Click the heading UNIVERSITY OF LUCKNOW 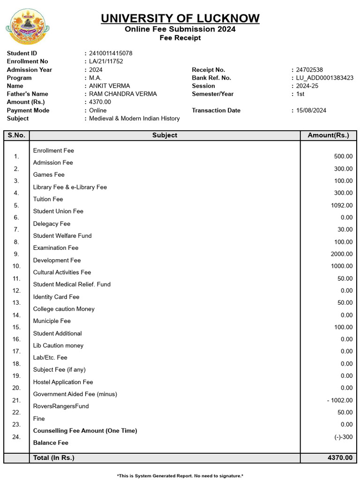[x=180, y=18]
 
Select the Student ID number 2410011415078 [x=111, y=53]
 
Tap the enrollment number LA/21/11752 [x=106, y=61]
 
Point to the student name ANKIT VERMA [x=110, y=86]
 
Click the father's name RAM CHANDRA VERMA [x=123, y=94]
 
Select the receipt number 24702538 [x=309, y=70]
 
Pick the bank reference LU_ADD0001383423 [x=325, y=78]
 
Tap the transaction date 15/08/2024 [x=311, y=111]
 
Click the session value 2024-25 [x=307, y=86]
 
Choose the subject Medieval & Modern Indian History [x=135, y=119]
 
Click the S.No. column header [x=16, y=135]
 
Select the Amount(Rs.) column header [x=328, y=135]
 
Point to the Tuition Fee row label [x=48, y=199]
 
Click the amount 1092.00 [x=342, y=205]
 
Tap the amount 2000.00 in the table [x=342, y=254]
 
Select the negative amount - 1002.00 [x=340, y=400]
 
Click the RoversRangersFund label [x=61, y=406]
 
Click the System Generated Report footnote [x=180, y=476]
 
